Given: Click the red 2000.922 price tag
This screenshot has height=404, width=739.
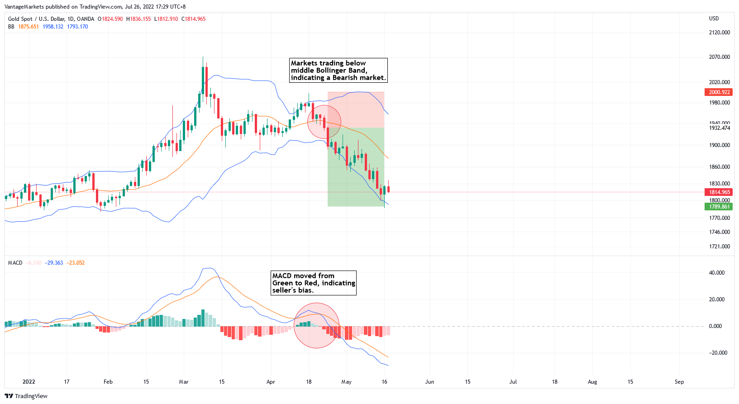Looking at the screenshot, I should tap(719, 92).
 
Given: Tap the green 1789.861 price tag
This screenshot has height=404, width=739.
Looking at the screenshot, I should tap(719, 207).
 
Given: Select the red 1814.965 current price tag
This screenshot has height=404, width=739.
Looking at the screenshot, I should tap(719, 192).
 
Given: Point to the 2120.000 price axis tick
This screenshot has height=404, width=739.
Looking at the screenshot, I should tap(719, 33).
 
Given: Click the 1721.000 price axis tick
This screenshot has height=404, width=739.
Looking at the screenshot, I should tap(719, 247).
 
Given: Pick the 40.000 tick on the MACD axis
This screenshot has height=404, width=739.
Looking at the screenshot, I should tap(716, 273).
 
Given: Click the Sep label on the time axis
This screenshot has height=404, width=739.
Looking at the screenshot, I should tap(679, 382).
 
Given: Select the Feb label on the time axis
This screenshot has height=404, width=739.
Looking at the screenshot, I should tap(108, 382).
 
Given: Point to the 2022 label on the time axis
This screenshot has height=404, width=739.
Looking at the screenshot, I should tap(29, 382).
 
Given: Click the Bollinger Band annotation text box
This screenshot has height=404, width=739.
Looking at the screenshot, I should tap(339, 71).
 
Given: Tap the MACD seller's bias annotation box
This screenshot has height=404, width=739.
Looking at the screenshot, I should tap(314, 283).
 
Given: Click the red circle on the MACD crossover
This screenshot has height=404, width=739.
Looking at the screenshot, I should tap(316, 326).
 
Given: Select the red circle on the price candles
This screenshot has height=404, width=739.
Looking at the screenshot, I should tap(324, 122).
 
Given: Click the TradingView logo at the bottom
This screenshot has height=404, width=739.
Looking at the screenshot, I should tap(26, 396).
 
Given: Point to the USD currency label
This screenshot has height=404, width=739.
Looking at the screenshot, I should tap(714, 19).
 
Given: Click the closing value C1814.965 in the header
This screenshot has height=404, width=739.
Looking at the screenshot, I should tap(194, 19).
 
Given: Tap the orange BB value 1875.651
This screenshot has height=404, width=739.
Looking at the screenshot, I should tap(29, 27).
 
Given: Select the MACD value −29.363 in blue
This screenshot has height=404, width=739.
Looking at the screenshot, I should tap(54, 263).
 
